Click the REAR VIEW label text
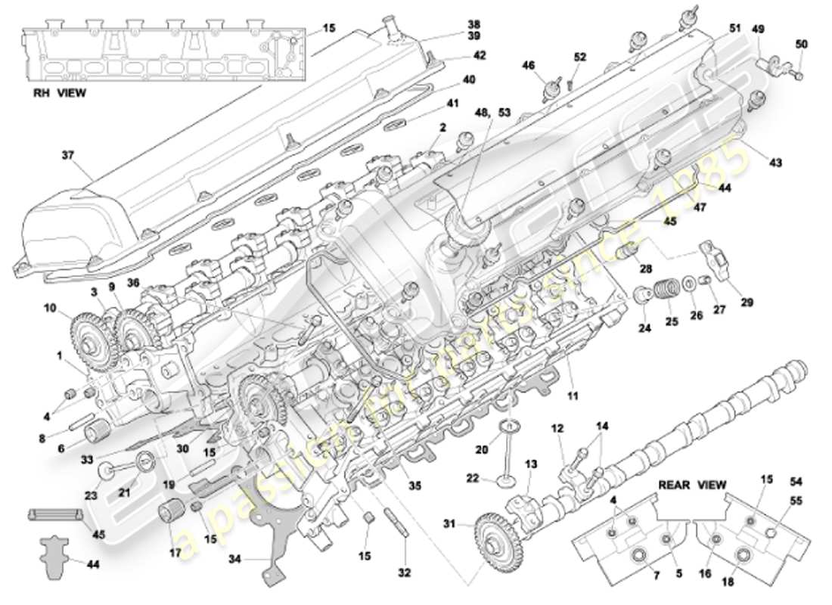pyautogui.click(x=691, y=485)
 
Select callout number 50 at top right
pyautogui.click(x=802, y=45)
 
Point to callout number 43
pyautogui.click(x=776, y=163)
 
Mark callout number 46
pyautogui.click(x=529, y=66)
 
